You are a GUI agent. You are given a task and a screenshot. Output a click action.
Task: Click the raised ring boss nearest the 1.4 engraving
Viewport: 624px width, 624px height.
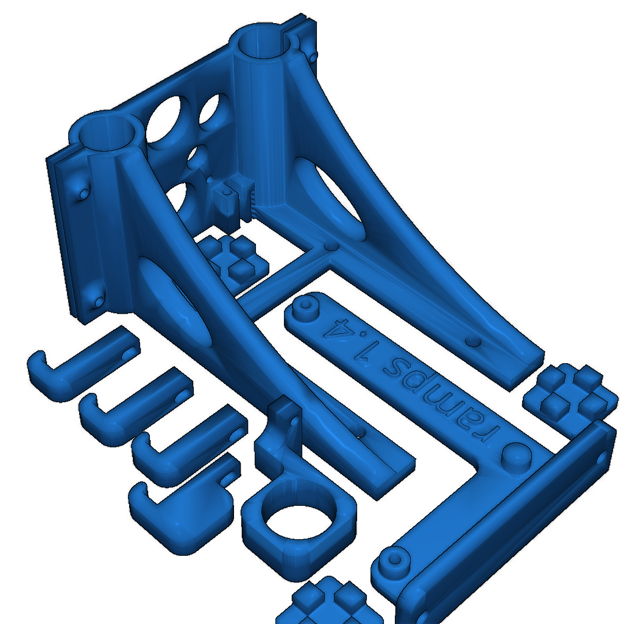tap(306, 307)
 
